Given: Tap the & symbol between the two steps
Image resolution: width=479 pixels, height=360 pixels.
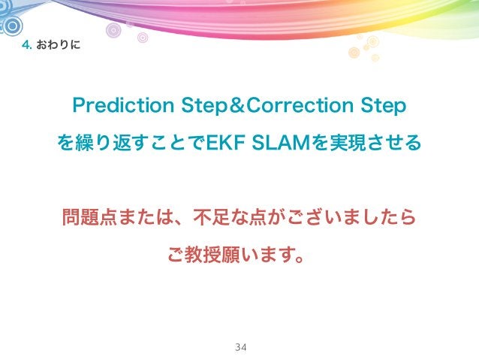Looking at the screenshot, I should (x=236, y=106).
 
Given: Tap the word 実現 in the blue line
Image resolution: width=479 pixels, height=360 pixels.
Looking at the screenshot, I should (x=347, y=141).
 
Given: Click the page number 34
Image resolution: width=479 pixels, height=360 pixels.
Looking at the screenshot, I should (x=240, y=347).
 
